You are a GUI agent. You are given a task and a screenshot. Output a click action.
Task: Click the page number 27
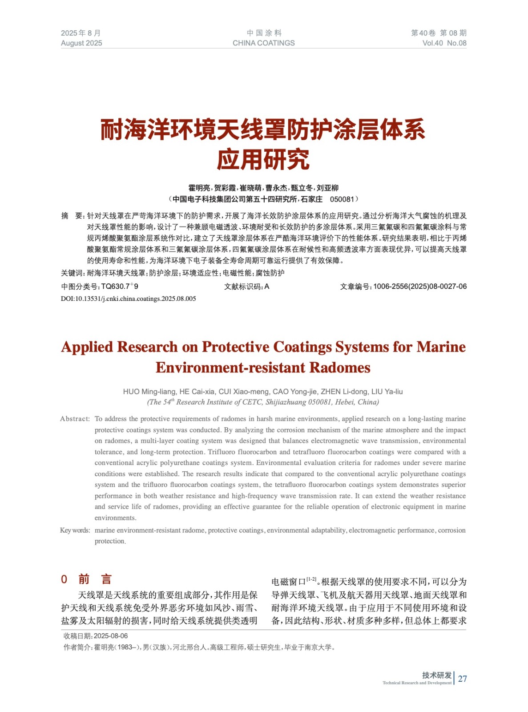pyautogui.click(x=462, y=679)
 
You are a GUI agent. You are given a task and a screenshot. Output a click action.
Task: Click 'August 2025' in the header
pyautogui.click(x=81, y=43)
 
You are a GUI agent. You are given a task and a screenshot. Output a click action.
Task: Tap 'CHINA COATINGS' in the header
pyautogui.click(x=263, y=43)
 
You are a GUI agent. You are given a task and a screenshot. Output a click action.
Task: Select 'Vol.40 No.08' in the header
pyautogui.click(x=444, y=43)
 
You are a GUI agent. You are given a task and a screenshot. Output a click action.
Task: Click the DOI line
pyautogui.click(x=128, y=299)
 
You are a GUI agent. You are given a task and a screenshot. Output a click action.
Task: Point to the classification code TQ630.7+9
pyautogui.click(x=120, y=287)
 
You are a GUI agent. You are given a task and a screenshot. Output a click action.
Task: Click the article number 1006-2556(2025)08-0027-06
pyautogui.click(x=419, y=287)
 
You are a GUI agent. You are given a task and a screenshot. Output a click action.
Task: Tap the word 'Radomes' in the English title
pyautogui.click(x=340, y=368)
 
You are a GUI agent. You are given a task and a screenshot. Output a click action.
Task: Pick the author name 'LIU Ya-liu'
pyautogui.click(x=387, y=392)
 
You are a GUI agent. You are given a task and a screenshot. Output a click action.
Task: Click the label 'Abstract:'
pyautogui.click(x=75, y=419)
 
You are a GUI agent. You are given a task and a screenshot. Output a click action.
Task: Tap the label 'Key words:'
pyautogui.click(x=75, y=530)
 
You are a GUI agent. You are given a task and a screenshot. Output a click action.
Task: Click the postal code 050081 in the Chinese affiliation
pyautogui.click(x=342, y=199)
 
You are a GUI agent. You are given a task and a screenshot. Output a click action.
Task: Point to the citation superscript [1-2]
pyautogui.click(x=311, y=579)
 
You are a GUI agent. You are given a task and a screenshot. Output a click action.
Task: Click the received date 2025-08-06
pyautogui.click(x=111, y=636)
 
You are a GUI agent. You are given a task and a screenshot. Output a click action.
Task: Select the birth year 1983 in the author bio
pyautogui.click(x=125, y=647)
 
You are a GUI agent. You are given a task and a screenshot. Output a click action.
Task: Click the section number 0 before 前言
pyautogui.click(x=64, y=579)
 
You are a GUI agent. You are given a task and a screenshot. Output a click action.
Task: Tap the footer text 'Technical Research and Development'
pyautogui.click(x=417, y=683)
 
